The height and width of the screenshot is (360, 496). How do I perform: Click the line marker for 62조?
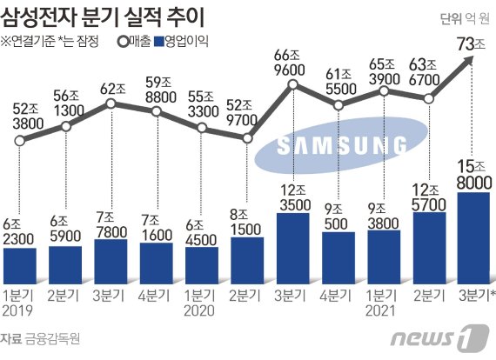tap(111, 103)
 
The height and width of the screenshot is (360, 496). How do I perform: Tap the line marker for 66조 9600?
tap(292, 86)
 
